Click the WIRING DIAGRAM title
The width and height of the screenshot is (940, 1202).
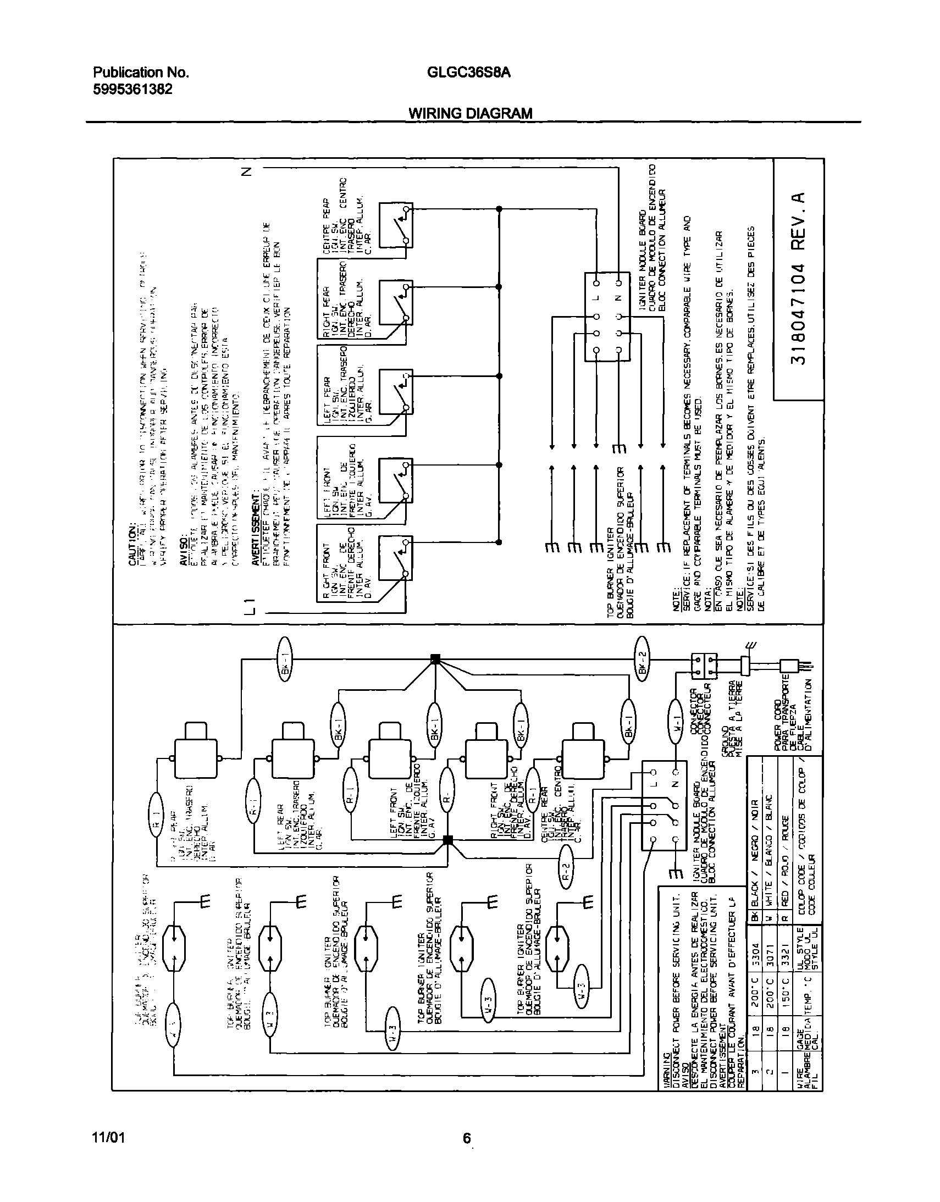470,113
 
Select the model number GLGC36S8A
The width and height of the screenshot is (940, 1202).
468,73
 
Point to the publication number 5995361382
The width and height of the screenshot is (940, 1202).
132,89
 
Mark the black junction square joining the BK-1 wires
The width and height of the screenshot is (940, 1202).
435,658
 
